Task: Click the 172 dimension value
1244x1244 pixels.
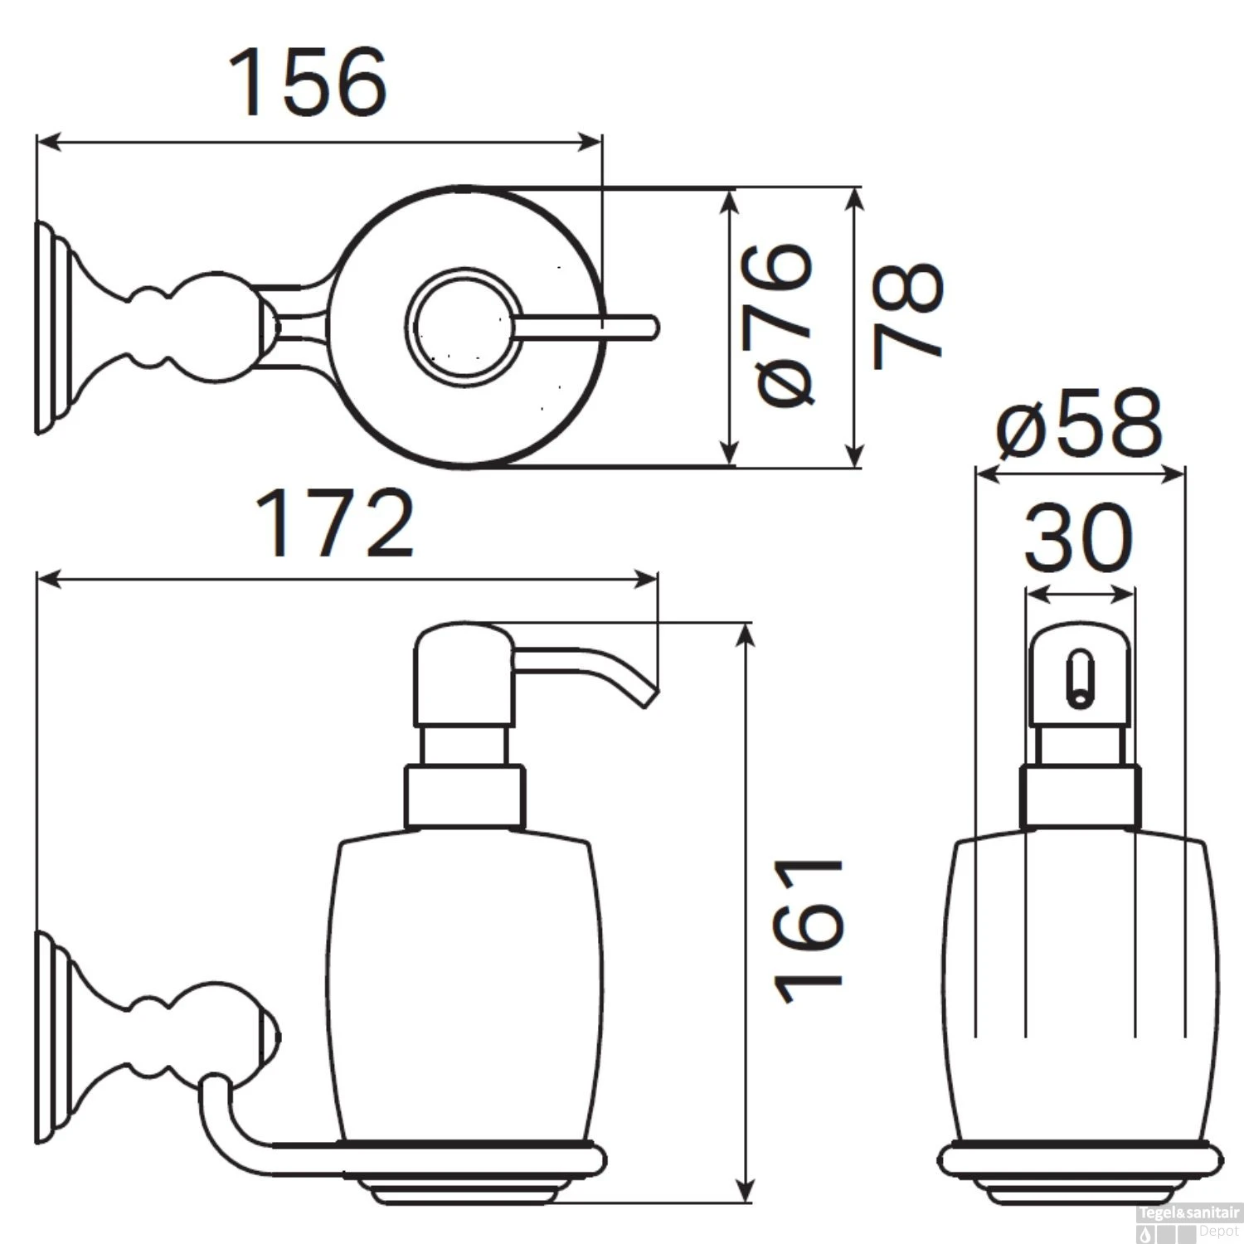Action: pyautogui.click(x=334, y=523)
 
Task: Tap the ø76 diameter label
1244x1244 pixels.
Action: pyautogui.click(x=787, y=326)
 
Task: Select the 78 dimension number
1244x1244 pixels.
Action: pyautogui.click(x=907, y=315)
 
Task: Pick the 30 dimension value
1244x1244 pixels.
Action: pyautogui.click(x=1078, y=538)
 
